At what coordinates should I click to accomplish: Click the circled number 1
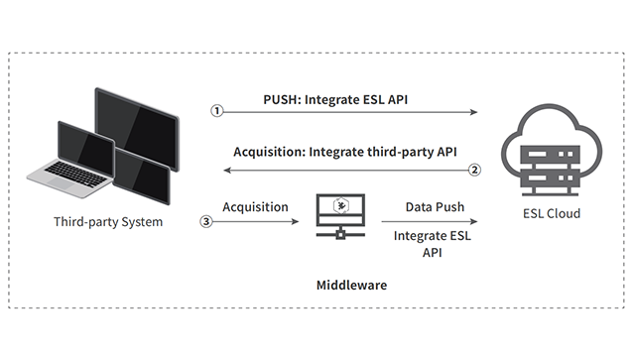click(217, 112)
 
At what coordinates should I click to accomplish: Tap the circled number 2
click(474, 170)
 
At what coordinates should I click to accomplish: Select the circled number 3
click(206, 221)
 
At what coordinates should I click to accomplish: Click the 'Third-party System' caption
click(108, 221)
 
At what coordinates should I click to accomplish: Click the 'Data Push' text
click(431, 207)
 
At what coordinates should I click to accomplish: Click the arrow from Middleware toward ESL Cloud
click(431, 222)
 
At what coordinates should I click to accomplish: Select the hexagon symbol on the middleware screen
click(341, 206)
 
